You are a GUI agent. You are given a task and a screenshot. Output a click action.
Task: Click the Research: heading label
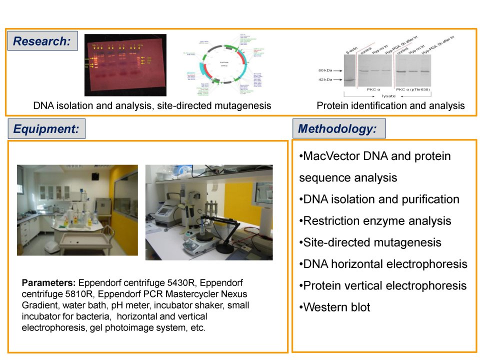[42, 41]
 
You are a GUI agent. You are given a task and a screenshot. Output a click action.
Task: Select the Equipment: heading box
[46, 129]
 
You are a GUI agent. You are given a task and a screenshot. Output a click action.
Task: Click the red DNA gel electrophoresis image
[125, 64]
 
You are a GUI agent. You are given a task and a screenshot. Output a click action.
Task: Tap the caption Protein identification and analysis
[390, 105]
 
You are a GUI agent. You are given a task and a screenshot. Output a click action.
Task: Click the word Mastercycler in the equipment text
[172, 291]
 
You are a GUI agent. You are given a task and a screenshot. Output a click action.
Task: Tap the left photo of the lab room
[77, 210]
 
